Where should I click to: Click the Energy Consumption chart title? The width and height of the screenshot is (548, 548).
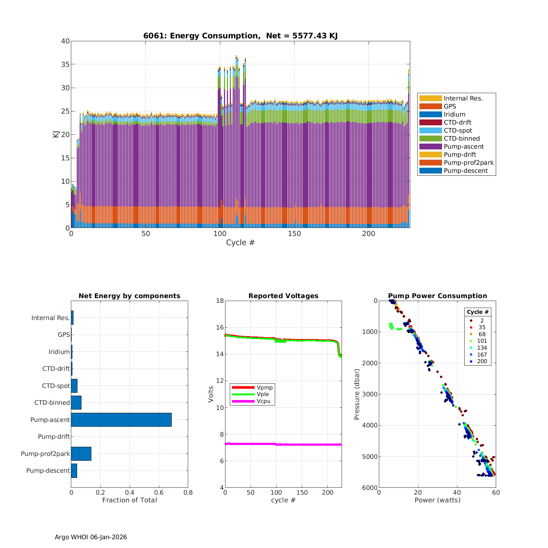(x=240, y=36)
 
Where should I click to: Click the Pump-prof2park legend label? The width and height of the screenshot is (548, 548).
(x=468, y=163)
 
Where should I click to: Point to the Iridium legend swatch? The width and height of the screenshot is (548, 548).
(x=430, y=114)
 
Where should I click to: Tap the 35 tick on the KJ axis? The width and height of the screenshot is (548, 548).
(x=65, y=64)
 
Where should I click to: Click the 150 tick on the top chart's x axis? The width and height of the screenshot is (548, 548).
(x=294, y=234)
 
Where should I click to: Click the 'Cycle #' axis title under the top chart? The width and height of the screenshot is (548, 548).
(x=240, y=243)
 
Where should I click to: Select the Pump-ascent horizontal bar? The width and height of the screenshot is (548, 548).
(x=121, y=420)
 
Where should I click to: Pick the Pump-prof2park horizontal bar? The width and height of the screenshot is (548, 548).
(x=81, y=454)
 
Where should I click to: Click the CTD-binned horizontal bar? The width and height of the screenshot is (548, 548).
(x=76, y=403)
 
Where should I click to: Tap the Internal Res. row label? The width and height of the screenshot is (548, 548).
(x=50, y=318)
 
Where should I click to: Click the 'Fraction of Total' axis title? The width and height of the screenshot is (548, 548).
(x=129, y=500)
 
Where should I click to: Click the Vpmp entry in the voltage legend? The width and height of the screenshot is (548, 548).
(x=265, y=387)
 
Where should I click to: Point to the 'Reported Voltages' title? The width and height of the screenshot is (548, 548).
(x=283, y=296)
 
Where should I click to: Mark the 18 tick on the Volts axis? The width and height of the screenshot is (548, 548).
(x=220, y=301)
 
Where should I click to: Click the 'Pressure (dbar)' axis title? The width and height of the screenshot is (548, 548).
(x=357, y=394)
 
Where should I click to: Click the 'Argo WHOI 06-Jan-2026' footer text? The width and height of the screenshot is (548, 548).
(x=91, y=537)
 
